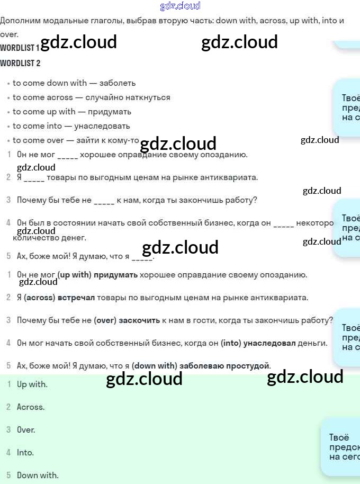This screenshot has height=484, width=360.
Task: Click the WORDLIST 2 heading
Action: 20,64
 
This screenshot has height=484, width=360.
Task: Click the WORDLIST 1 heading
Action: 20,48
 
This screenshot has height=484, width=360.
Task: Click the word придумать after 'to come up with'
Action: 110,112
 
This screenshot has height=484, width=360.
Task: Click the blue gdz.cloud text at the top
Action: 180,6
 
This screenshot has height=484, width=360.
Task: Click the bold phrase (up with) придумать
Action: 97,275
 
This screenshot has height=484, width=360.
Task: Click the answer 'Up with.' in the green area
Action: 32,384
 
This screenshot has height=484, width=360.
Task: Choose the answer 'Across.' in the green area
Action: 31,407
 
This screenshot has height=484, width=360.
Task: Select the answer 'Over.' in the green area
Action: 26,430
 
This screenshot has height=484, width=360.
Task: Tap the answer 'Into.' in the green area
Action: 25,453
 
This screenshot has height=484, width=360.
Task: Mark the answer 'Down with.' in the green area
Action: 38,476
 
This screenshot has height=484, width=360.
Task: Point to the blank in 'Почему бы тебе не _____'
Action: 104,200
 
